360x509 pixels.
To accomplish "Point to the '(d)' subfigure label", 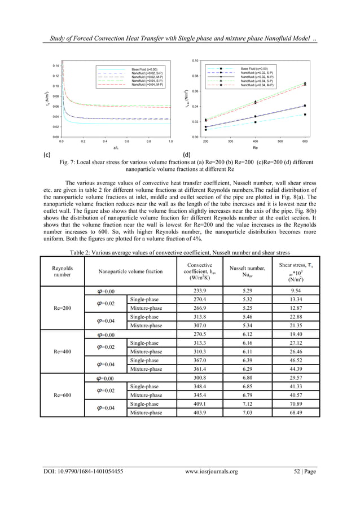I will pyautogui.click(x=188, y=153).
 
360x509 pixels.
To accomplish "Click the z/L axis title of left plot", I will pyautogui.click(x=116, y=148).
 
